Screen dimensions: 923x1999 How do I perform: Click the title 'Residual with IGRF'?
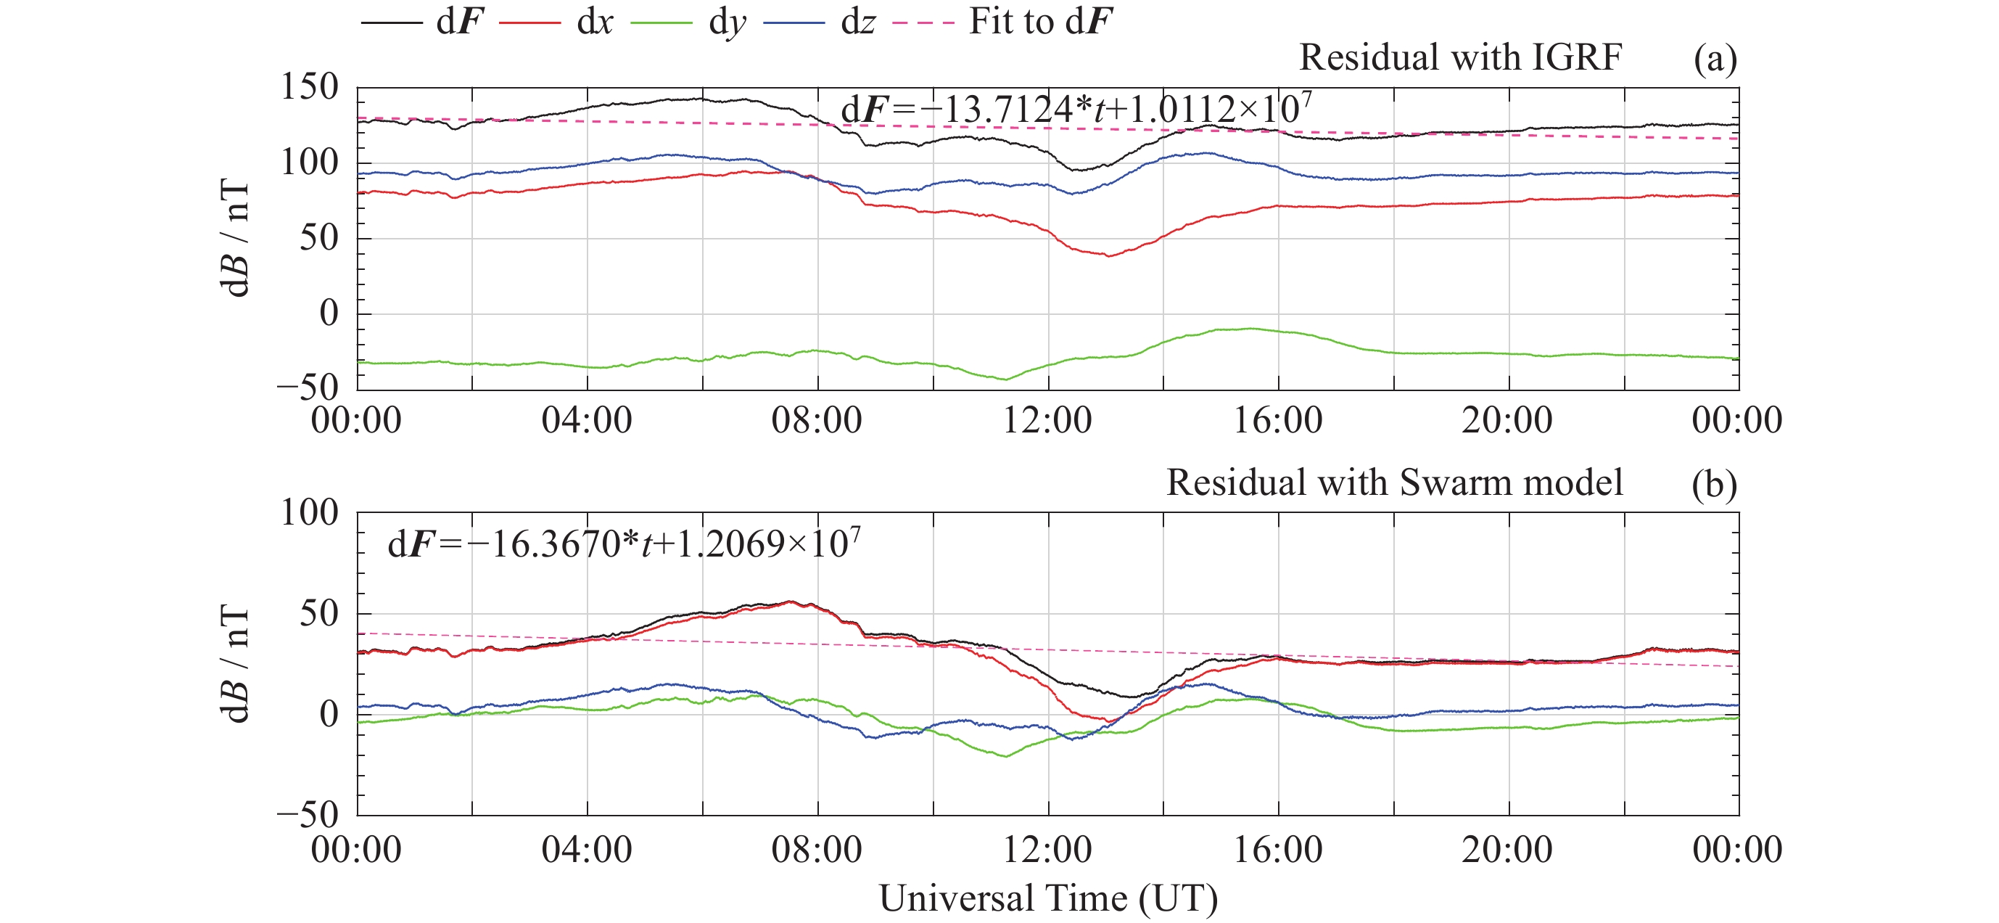pyautogui.click(x=1461, y=57)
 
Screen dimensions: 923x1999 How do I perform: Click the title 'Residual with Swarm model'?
pyautogui.click(x=1395, y=483)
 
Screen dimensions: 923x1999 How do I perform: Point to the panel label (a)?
pyautogui.click(x=1715, y=59)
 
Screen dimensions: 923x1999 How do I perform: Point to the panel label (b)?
pyautogui.click(x=1714, y=485)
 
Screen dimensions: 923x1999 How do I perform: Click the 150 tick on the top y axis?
pyautogui.click(x=310, y=87)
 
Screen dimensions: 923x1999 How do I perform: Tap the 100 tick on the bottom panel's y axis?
pyautogui.click(x=310, y=512)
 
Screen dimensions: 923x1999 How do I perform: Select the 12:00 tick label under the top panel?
pyautogui.click(x=1047, y=421)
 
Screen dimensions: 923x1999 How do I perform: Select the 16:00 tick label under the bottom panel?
pyautogui.click(x=1278, y=849)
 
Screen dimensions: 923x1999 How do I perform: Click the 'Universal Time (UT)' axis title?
pyautogui.click(x=1047, y=899)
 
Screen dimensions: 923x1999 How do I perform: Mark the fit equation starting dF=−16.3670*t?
pyautogui.click(x=624, y=543)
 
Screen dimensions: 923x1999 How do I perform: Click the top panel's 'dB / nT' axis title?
pyautogui.click(x=235, y=237)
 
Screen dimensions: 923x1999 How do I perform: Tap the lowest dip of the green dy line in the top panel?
pyautogui.click(x=1007, y=380)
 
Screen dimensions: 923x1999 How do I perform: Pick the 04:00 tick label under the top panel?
pyautogui.click(x=587, y=421)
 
